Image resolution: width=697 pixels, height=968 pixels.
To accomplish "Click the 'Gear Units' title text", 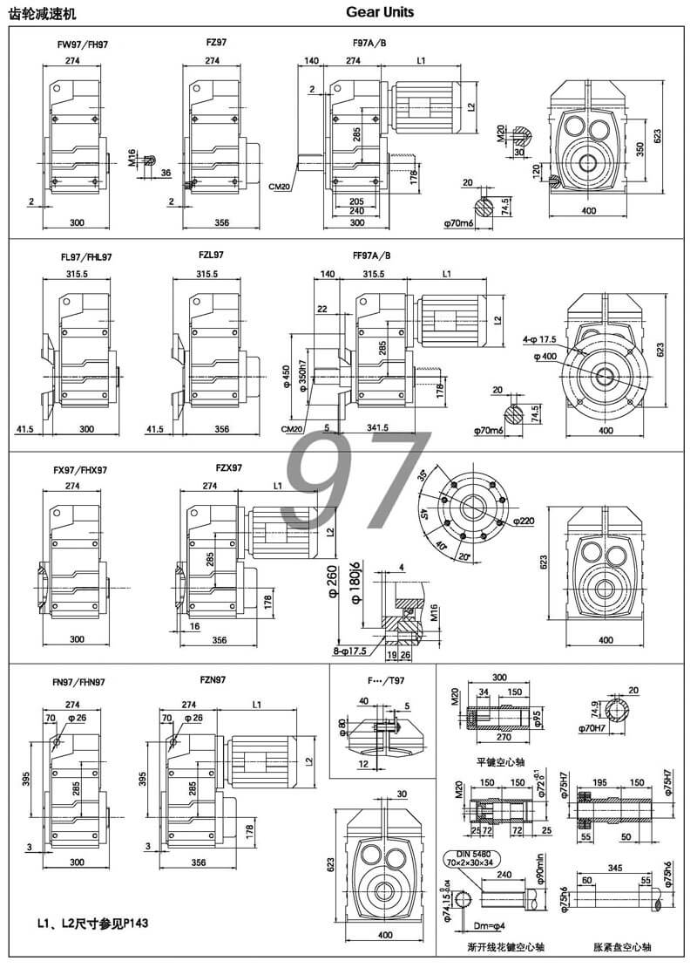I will point(380,12).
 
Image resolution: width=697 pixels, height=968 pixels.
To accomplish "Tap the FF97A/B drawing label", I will point(369,256).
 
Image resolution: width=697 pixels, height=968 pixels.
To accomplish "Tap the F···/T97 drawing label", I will point(380,679).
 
